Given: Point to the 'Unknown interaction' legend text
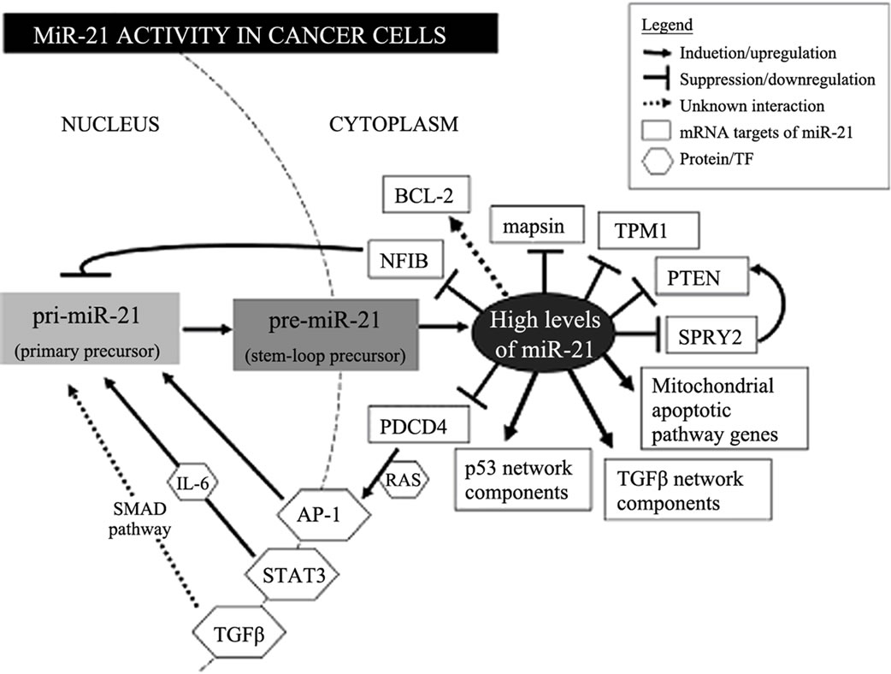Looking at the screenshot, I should pyautogui.click(x=751, y=106).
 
